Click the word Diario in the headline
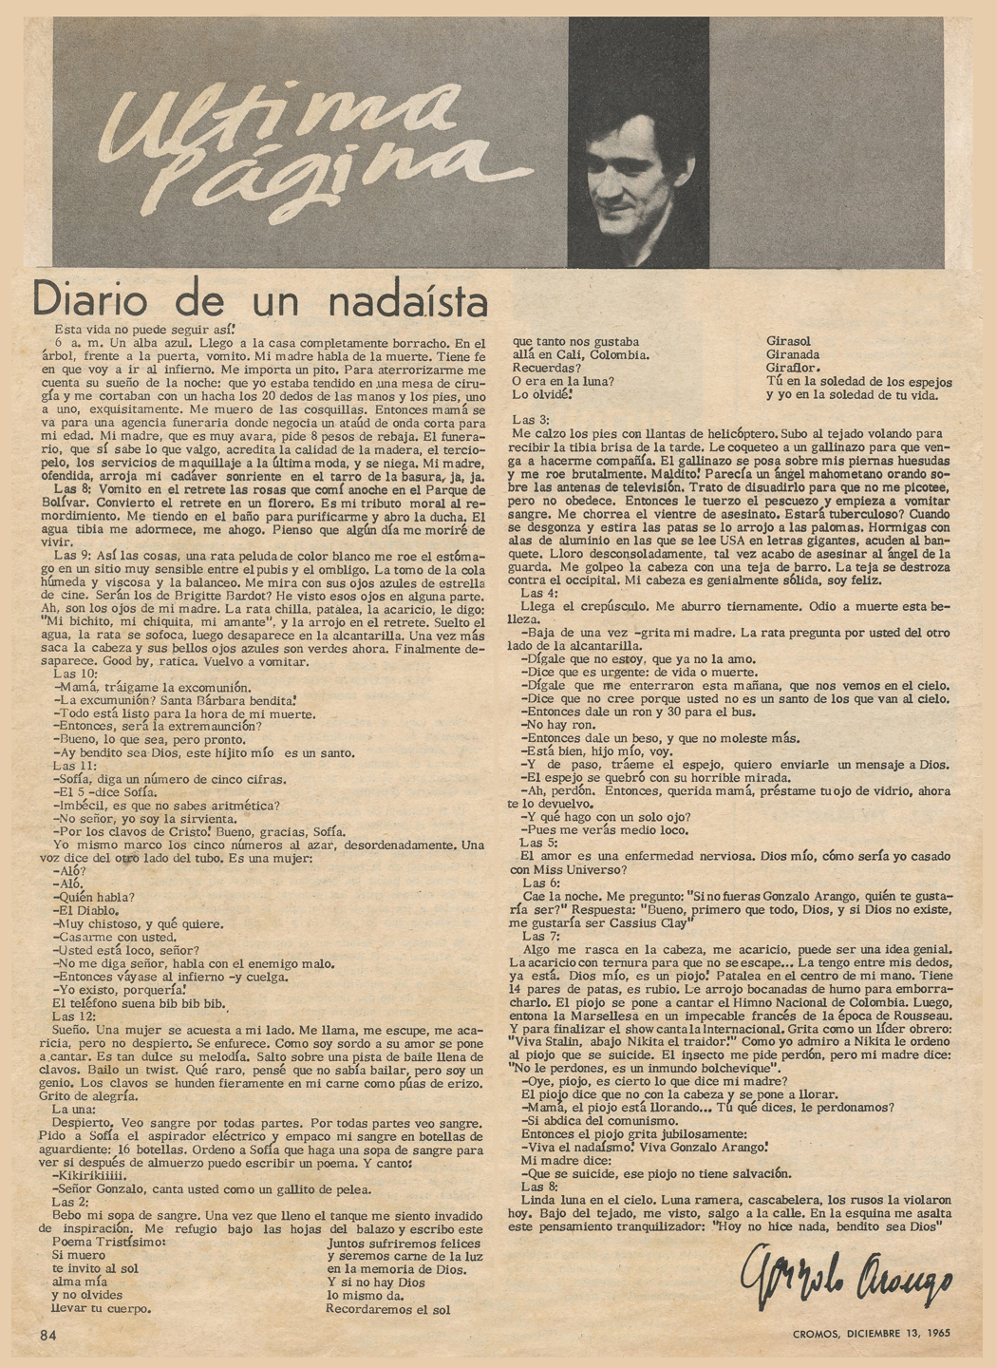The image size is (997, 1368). [85, 300]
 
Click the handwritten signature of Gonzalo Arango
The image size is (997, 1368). [845, 1282]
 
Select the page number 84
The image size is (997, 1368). [48, 1334]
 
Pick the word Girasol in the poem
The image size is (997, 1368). [789, 341]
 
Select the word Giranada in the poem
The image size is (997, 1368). [793, 354]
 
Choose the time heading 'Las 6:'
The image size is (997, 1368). [541, 882]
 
